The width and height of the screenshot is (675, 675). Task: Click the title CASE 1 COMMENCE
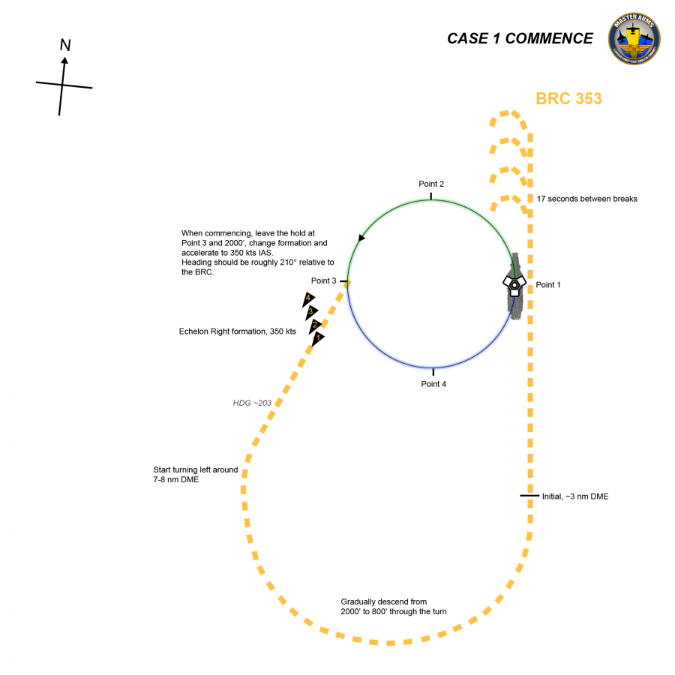click(520, 38)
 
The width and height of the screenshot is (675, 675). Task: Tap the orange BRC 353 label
click(568, 98)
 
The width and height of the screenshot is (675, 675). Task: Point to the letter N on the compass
click(65, 46)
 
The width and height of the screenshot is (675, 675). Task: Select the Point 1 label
click(548, 285)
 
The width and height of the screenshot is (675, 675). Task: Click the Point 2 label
click(431, 184)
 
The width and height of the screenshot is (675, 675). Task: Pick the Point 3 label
click(324, 280)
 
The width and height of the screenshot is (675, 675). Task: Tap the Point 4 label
click(433, 384)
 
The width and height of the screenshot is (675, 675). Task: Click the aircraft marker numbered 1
click(318, 339)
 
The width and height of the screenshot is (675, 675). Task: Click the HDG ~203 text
click(252, 403)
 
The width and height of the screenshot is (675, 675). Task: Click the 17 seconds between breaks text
click(587, 199)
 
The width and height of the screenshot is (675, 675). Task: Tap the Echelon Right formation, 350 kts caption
click(238, 331)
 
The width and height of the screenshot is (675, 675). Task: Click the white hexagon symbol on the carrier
click(514, 284)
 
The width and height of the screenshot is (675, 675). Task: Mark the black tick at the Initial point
click(529, 496)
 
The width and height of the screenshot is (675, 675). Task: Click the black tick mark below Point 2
click(430, 196)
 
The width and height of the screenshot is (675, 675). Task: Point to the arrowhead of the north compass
click(64, 61)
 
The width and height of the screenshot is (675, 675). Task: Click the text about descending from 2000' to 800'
click(394, 607)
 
